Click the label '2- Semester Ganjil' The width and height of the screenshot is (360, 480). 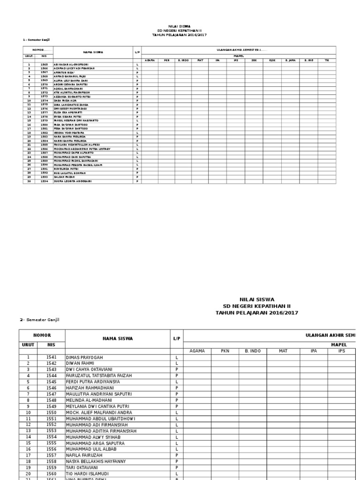click(39, 319)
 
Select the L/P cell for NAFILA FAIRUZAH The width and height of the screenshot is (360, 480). click(177, 455)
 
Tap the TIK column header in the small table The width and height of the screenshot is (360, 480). click(327, 60)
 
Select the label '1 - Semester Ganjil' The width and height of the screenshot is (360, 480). click(36, 40)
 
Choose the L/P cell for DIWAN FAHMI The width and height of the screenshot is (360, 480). click(177, 363)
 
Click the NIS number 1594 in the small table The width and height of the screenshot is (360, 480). click(44, 180)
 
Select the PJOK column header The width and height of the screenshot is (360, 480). click(272, 60)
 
